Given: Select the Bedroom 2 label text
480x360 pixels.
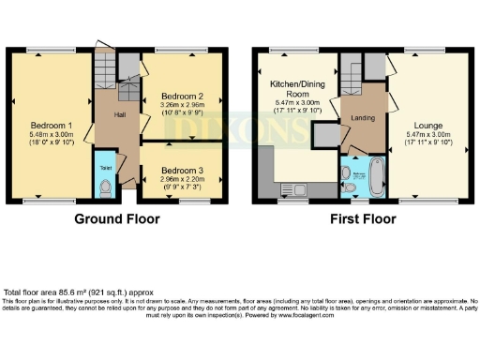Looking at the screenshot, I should pos(182,96).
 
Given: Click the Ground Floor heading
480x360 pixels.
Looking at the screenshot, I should pos(117,219).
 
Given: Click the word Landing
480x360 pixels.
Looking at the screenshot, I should pos(362,117).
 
